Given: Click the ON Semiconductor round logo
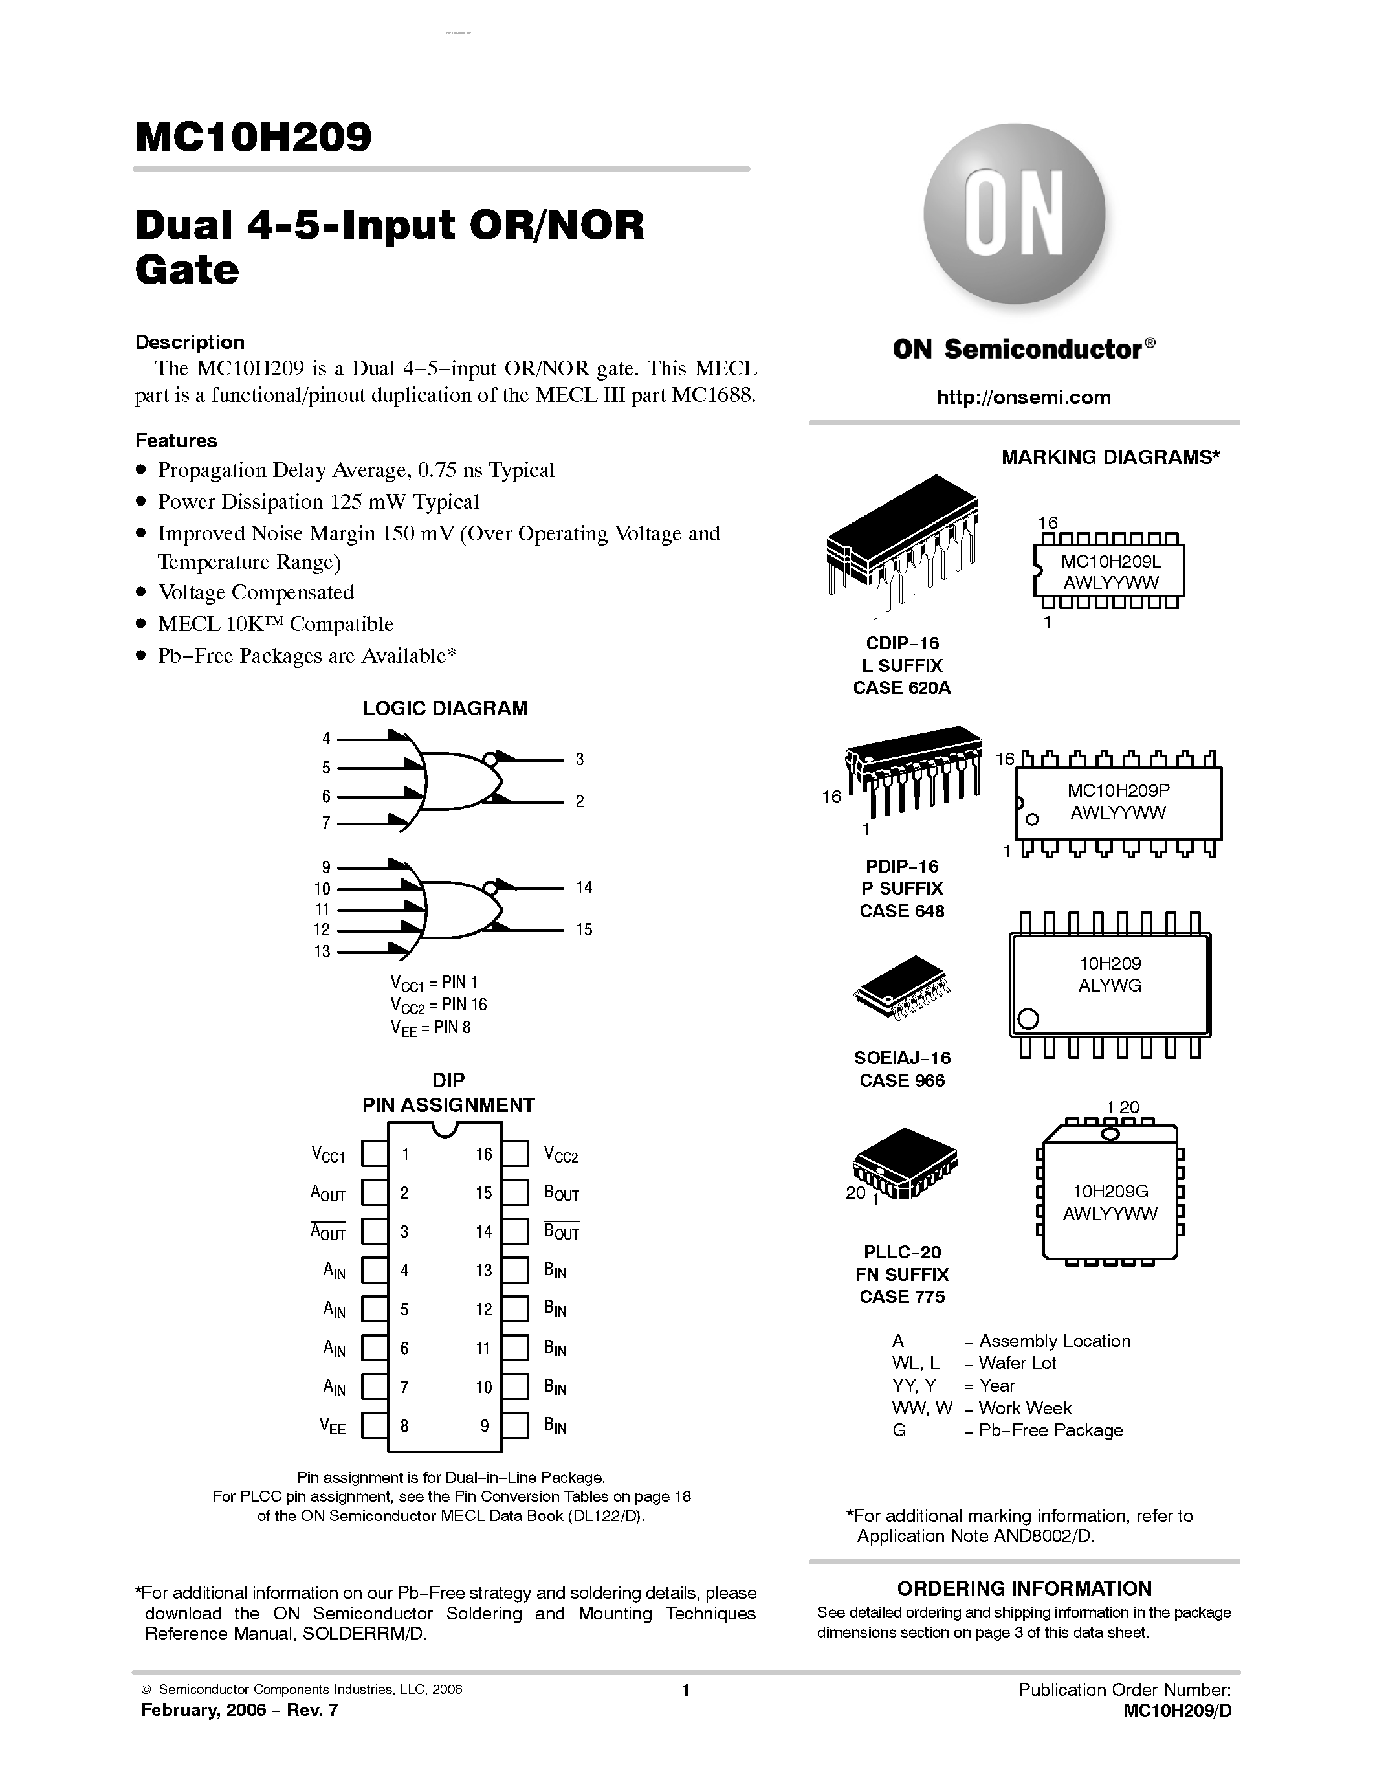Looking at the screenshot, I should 1014,215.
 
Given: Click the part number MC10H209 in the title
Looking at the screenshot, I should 254,137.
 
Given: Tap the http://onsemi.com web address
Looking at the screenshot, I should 1023,397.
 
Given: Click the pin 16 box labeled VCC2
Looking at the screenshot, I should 515,1154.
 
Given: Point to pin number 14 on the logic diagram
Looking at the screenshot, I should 583,887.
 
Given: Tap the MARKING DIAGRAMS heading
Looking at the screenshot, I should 1110,457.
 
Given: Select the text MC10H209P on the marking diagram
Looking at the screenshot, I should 1118,790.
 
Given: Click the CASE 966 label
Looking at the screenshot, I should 902,1081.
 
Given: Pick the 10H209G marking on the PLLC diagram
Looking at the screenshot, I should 1110,1191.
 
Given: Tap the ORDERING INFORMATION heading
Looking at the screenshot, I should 1024,1588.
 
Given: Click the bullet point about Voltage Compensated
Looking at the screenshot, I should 256,592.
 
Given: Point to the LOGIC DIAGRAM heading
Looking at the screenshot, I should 445,708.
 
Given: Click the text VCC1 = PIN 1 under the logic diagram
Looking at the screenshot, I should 434,983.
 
